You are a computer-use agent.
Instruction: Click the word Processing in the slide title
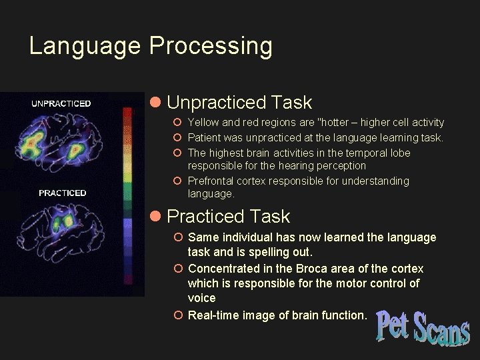[211, 47]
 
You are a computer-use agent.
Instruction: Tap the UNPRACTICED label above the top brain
[61, 103]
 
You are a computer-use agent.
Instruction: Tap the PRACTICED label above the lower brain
[62, 193]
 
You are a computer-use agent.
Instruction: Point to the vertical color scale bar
[129, 193]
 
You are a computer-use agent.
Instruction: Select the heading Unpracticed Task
[239, 103]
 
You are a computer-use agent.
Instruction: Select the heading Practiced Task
[228, 217]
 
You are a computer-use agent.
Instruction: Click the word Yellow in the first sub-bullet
[203, 123]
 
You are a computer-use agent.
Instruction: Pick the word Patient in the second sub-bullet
[205, 138]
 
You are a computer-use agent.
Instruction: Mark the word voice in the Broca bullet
[202, 298]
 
